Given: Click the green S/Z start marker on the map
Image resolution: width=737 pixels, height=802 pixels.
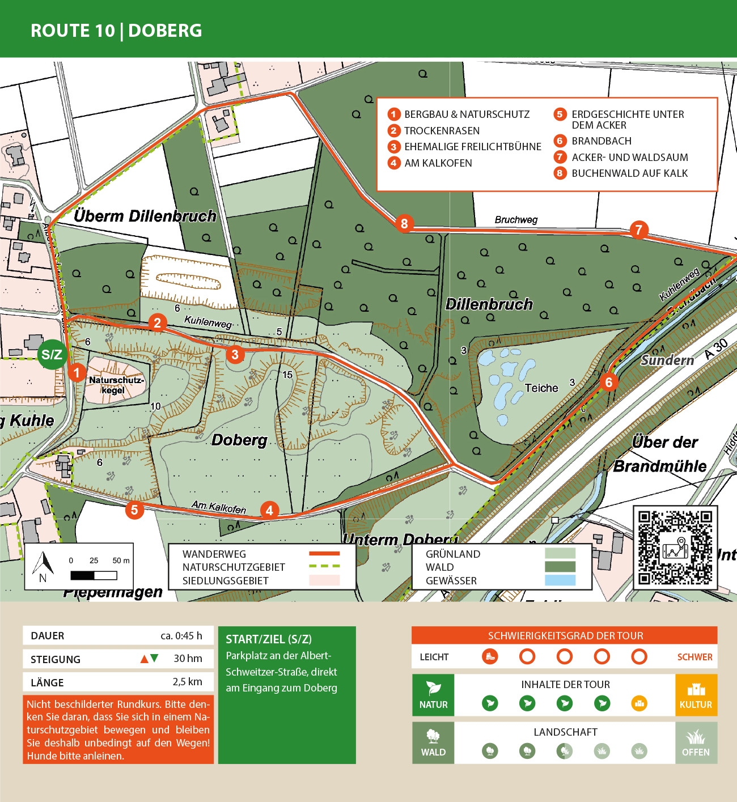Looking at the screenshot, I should (x=52, y=355).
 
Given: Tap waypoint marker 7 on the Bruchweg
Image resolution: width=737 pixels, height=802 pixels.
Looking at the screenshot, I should (x=638, y=230).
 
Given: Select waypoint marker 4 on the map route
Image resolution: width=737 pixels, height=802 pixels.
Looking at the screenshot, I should (x=269, y=510).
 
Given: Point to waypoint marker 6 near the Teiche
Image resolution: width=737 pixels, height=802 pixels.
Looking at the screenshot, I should (x=608, y=383).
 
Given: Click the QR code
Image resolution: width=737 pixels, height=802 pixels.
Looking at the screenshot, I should (x=675, y=548).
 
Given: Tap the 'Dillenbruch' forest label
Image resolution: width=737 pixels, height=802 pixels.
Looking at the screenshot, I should (x=489, y=304).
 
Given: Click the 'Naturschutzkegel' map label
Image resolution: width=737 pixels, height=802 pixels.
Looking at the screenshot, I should (x=116, y=385).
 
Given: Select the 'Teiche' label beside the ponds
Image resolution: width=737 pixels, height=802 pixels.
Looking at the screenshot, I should (x=541, y=388).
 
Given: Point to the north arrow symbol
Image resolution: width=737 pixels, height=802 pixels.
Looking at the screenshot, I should (x=44, y=566).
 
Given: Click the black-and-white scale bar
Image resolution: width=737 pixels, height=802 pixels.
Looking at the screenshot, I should (x=94, y=575).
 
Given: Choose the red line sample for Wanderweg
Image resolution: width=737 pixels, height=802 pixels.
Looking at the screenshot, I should (x=324, y=554).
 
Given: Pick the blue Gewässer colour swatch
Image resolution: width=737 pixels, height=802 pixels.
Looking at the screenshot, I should (x=560, y=580).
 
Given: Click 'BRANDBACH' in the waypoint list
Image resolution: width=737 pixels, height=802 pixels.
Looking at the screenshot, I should (x=601, y=141).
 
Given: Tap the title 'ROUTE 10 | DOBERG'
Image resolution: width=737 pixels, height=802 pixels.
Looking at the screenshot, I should (x=116, y=31).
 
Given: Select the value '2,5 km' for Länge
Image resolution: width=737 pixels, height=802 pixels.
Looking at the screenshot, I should (x=187, y=682).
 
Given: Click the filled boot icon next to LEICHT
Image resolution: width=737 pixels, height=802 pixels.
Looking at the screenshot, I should (x=490, y=657).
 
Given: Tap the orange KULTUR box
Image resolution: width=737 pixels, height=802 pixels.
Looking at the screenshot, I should (x=696, y=695).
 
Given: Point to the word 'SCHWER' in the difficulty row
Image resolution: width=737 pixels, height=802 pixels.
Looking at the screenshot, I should (x=694, y=657).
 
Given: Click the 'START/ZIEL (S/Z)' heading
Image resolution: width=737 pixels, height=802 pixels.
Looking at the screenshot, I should (x=269, y=639).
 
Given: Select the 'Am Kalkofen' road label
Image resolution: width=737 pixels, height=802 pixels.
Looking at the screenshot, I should (x=219, y=507).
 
